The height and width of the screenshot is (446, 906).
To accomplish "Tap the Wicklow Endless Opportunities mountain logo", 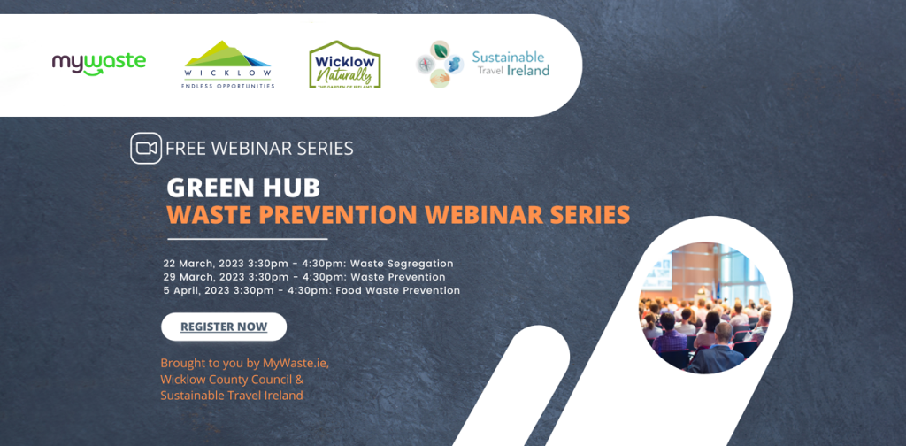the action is (229, 64).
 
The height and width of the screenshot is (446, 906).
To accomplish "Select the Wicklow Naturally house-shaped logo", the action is (345, 64).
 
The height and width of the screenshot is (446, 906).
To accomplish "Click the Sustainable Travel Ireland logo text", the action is (511, 64).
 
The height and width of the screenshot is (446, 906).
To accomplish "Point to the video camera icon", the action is (146, 149).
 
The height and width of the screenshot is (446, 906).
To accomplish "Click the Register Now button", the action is (224, 327).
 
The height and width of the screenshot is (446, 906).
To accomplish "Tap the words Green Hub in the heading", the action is (243, 188).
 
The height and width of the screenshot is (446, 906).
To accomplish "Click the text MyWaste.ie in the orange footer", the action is (296, 364).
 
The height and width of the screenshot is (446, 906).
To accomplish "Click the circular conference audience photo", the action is (704, 308).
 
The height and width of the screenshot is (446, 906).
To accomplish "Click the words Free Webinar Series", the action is (259, 149).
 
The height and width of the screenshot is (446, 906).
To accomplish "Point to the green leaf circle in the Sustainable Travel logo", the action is (441, 49).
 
